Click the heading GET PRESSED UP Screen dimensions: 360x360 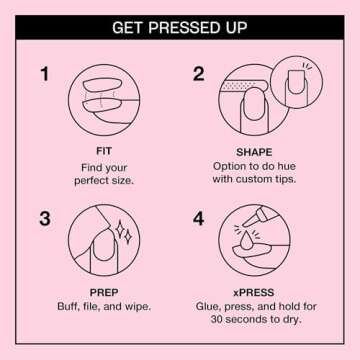click(x=180, y=26)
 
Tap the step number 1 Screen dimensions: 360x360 click(x=44, y=74)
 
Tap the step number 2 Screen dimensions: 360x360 click(x=198, y=74)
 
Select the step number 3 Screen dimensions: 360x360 click(x=44, y=218)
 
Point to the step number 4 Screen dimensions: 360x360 click(x=198, y=218)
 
